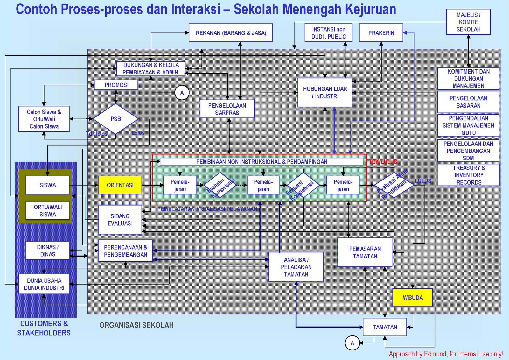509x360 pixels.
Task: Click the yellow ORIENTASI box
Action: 120,185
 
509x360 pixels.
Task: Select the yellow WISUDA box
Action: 413,298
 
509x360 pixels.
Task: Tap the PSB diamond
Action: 115,119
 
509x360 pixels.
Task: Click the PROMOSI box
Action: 116,85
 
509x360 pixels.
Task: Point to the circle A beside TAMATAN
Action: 352,343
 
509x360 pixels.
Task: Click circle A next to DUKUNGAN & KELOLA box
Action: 182,93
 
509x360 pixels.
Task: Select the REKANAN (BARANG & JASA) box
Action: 231,33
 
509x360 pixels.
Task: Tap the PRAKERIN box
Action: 381,33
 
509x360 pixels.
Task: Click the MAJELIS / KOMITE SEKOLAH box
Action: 468,22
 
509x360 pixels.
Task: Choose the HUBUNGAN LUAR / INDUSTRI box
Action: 325,92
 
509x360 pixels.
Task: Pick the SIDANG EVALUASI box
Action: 120,220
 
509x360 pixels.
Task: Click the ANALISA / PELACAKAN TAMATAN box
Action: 296,267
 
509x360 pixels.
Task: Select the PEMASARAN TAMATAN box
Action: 365,252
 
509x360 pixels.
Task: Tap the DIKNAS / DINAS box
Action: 48,251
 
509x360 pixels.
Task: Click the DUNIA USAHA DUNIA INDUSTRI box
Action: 44,284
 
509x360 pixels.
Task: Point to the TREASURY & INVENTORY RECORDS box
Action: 469,175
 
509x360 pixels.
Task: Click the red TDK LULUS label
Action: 383,162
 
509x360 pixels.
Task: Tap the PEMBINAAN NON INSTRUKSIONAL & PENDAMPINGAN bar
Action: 261,162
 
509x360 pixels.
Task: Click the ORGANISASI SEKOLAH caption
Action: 136,325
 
